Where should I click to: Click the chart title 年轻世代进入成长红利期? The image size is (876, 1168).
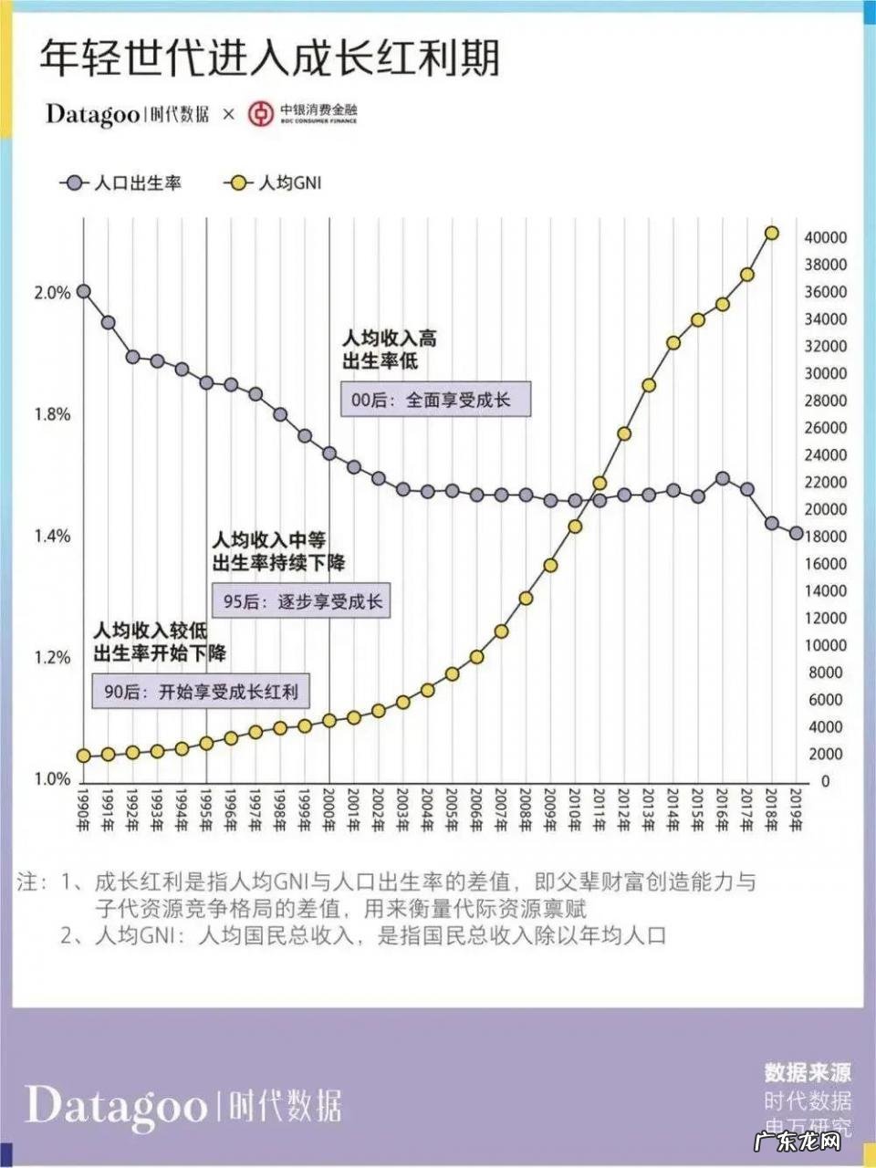click(x=269, y=58)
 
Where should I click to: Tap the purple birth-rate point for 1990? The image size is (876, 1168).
click(x=83, y=292)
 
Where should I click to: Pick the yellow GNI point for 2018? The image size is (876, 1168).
click(x=771, y=234)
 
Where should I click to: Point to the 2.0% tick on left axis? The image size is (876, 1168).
click(x=52, y=293)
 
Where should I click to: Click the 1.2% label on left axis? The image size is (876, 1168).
click(x=52, y=658)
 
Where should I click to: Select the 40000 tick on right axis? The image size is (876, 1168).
click(x=825, y=237)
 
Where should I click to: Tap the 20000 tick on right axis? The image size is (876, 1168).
click(x=825, y=509)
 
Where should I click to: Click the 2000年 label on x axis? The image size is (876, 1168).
click(x=330, y=808)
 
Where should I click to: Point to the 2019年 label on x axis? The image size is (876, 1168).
click(x=796, y=808)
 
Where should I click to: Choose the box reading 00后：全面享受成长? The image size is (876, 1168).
click(x=435, y=400)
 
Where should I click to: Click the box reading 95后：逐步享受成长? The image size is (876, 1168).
click(x=301, y=602)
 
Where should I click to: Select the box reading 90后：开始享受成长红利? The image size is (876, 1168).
click(x=200, y=692)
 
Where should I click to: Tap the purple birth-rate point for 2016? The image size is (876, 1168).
click(x=722, y=478)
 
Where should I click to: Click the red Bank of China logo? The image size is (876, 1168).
click(x=261, y=114)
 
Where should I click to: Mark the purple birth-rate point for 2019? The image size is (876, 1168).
click(x=796, y=534)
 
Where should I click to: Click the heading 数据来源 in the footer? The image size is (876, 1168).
click(x=808, y=1072)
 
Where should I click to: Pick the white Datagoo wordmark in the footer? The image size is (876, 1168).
click(x=116, y=1106)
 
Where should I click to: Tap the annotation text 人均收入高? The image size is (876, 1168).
click(x=390, y=339)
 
